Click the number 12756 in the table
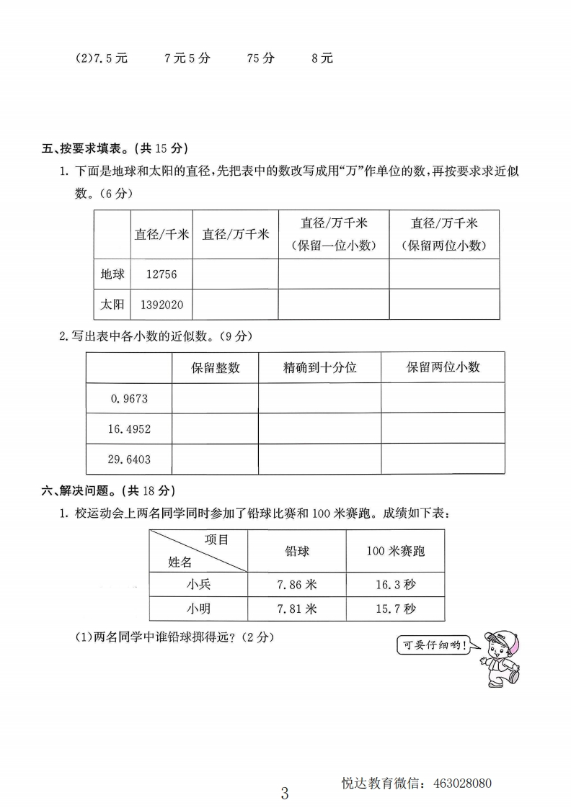pos(161,274)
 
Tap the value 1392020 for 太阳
pos(161,305)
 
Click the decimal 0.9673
pos(130,398)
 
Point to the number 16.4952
pos(130,428)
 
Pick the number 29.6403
pos(130,459)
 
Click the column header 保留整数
pos(215,367)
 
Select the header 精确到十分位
pos(319,367)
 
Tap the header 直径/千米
pos(161,234)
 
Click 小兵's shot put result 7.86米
pos(296,585)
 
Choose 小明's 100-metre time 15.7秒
pos(395,609)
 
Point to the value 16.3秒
pos(395,585)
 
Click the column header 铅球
pos(296,551)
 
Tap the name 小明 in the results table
pos(198,609)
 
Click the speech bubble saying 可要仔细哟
pos(433,645)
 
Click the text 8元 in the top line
pos(322,58)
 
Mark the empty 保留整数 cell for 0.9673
pos(215,398)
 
